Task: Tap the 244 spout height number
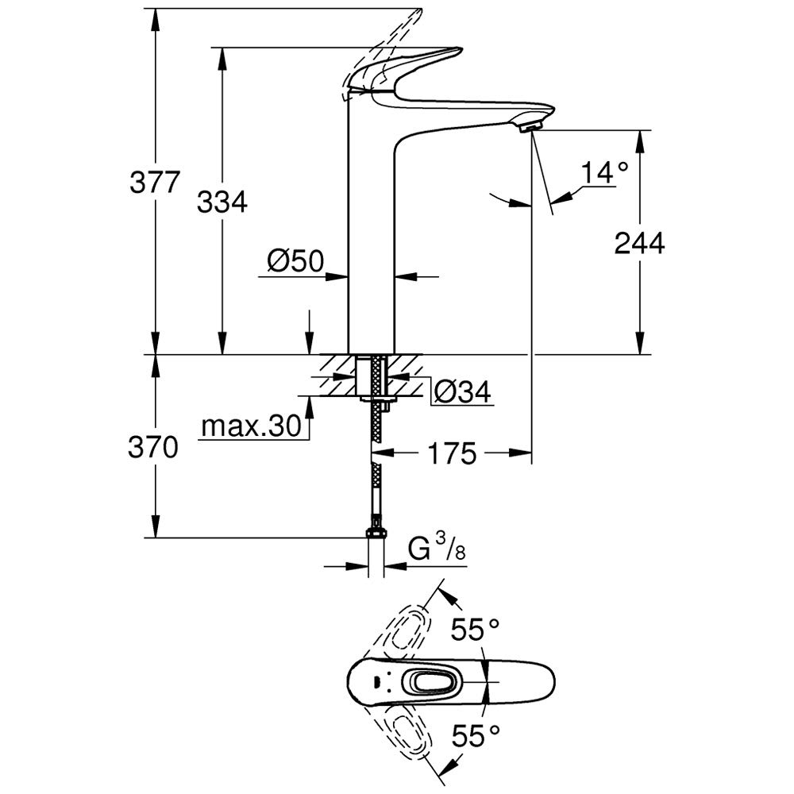(x=639, y=244)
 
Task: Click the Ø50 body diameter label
(x=295, y=261)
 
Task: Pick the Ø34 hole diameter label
(x=463, y=391)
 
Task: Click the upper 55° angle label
(x=476, y=630)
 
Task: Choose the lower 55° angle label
(x=476, y=736)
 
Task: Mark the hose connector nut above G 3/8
(x=376, y=535)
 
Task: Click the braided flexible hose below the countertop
(x=376, y=468)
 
